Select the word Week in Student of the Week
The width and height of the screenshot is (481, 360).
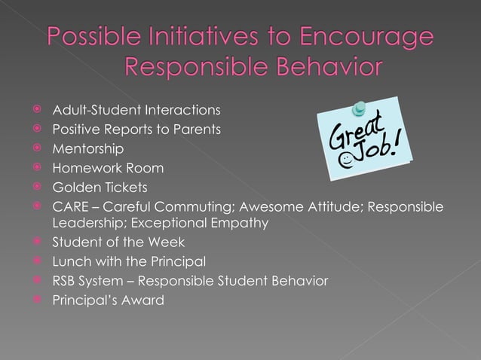(x=167, y=243)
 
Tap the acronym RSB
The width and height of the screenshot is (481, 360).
(x=65, y=280)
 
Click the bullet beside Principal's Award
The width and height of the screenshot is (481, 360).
(x=35, y=299)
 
